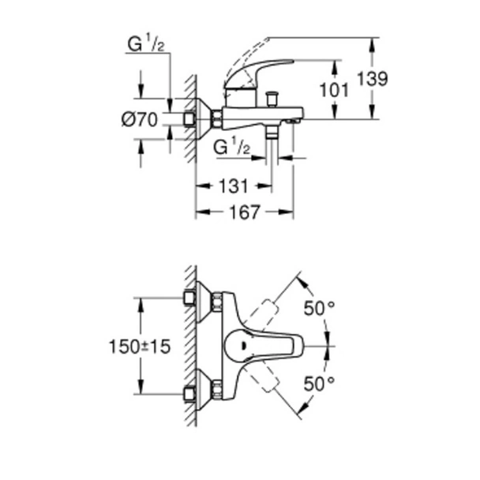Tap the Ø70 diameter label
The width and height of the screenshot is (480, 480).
coord(140,120)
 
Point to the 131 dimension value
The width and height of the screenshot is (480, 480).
coord(234,186)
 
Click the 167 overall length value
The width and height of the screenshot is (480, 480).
coord(249,213)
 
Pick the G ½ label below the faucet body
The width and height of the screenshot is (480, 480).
coord(233,146)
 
